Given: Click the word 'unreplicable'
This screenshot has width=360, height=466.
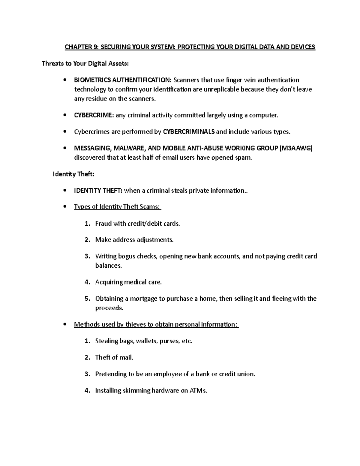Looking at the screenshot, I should coord(222,89).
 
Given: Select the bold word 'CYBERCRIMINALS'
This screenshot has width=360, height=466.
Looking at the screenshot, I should coord(189,132).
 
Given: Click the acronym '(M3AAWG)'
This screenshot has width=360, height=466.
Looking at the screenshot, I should coord(296,148).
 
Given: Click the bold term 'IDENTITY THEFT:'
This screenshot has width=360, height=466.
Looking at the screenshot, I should coord(98,191).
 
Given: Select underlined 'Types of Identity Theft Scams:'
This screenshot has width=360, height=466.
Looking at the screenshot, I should coord(118,207).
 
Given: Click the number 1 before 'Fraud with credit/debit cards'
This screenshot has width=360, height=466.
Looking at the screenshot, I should coord(87,224).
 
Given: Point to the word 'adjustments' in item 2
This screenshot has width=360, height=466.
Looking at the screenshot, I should coord(155,240).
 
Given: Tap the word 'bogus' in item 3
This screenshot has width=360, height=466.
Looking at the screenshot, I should coord(127,256).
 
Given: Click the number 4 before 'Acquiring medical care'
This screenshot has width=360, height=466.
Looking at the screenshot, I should coord(87,282).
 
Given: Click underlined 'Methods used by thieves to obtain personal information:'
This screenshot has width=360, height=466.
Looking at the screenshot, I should coord(156,324).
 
